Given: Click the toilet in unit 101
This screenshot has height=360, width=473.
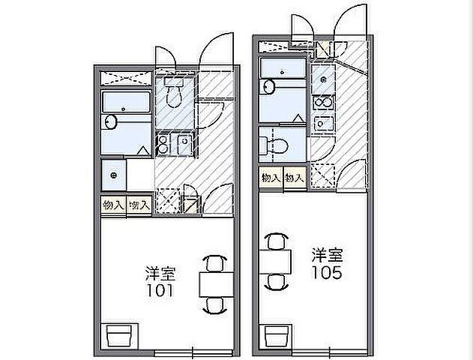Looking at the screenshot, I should (175, 94).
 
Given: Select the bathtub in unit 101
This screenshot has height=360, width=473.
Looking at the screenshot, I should (127, 103).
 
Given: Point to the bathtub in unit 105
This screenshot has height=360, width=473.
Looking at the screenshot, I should (283, 69).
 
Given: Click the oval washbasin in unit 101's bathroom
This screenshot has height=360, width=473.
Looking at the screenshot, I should (110, 121).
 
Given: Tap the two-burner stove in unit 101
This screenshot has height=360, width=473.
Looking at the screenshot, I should (163, 144).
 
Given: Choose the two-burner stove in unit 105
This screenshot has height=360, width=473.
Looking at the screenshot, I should (323, 102).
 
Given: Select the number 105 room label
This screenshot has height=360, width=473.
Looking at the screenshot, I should (328, 274).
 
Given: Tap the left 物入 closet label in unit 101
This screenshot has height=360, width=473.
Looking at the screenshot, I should (113, 204).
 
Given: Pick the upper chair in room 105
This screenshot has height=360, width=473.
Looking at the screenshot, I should (276, 241).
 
